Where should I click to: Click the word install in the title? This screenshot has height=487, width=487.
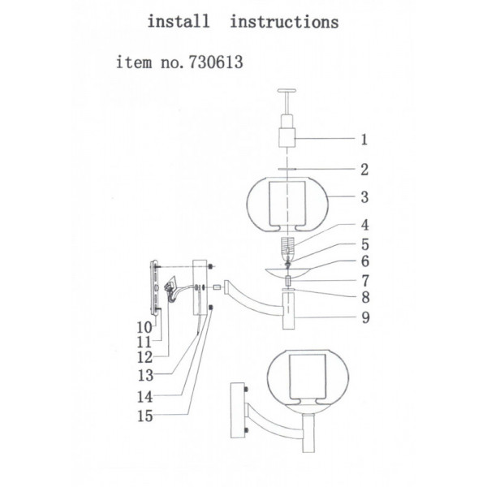tap(179, 21)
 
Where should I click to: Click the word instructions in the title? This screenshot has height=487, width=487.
tap(284, 22)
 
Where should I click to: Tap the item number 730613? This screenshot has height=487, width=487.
tap(216, 62)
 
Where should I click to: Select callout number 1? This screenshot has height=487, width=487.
tap(364, 140)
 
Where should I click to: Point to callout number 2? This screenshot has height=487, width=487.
tap(364, 170)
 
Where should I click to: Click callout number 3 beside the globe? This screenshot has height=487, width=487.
tap(364, 197)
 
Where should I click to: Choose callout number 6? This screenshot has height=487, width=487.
tap(365, 261)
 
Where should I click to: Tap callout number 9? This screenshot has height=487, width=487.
tap(366, 317)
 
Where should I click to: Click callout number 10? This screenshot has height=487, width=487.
tap(144, 327)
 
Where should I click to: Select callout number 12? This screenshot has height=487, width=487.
tap(145, 357)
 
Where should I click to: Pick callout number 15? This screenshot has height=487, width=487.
tap(145, 416)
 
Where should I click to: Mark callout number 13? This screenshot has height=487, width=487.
tap(145, 376)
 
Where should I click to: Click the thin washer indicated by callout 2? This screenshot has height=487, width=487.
tap(287, 170)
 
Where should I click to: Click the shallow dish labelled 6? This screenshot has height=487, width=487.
tap(287, 271)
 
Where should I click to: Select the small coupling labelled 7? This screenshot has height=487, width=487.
tap(288, 281)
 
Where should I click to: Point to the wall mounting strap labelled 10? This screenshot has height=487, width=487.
tap(155, 288)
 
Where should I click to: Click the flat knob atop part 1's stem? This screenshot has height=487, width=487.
tap(287, 91)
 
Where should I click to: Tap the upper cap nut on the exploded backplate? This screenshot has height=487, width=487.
tap(211, 267)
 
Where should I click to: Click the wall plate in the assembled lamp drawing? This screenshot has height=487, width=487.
tap(238, 410)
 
